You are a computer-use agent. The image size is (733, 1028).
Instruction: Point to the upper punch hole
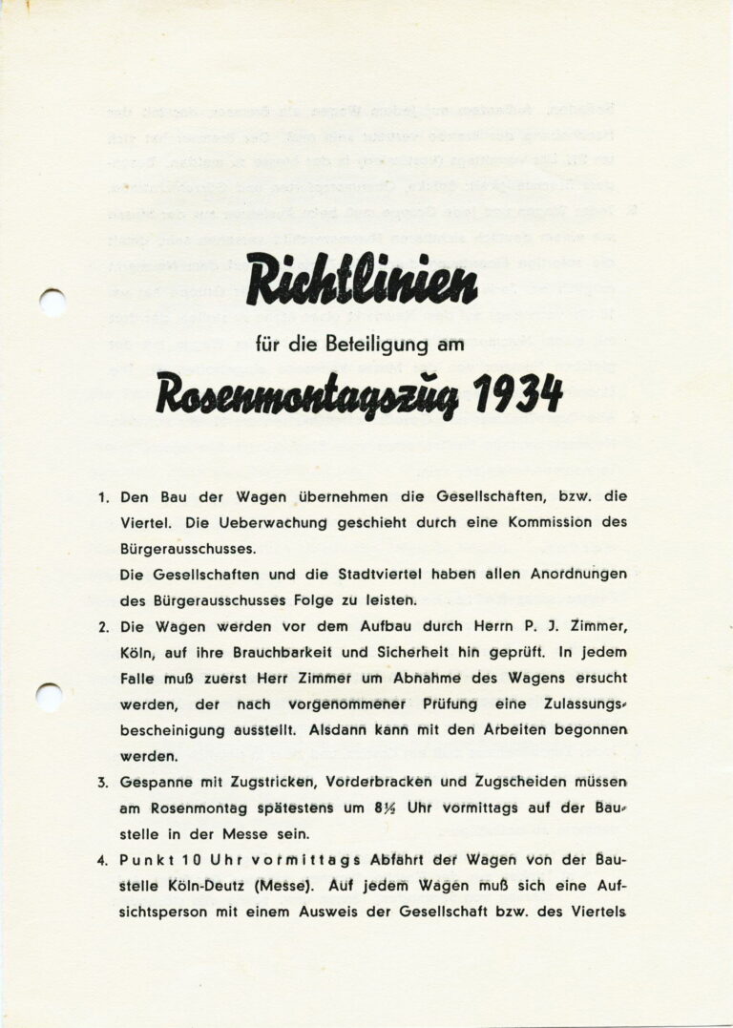[52, 303]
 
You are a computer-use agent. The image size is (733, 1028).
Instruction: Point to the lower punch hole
[49, 696]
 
